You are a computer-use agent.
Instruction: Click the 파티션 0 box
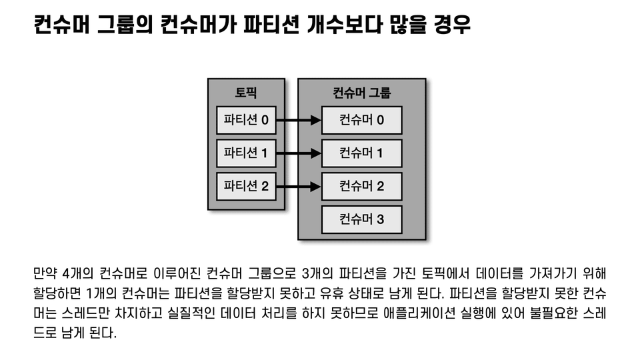246,121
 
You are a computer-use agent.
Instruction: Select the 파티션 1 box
246,153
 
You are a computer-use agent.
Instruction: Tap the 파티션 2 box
246,186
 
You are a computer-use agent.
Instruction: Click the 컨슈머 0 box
362,121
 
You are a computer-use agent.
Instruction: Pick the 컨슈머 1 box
362,153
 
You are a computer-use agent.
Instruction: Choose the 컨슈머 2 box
362,186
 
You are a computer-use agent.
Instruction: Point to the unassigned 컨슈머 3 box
362,219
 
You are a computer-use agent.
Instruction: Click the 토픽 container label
246,93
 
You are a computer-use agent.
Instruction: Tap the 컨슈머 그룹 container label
362,93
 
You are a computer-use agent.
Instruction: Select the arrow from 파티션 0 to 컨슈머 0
299,121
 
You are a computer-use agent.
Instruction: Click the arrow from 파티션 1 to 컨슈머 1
299,153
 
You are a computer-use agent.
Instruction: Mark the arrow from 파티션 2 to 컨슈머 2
299,186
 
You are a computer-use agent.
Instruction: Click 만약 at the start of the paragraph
44,273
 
